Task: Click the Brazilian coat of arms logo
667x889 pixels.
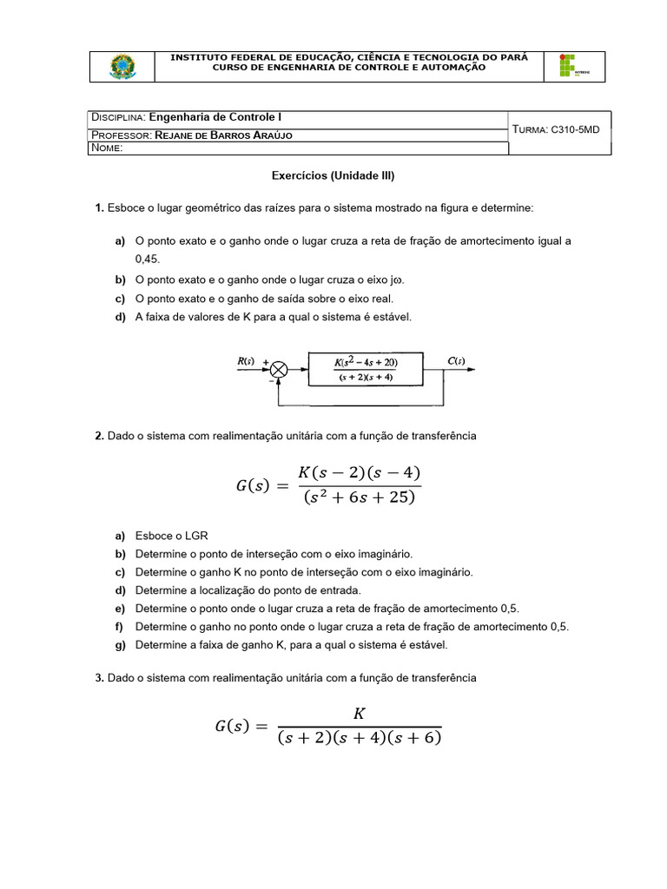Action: (x=122, y=67)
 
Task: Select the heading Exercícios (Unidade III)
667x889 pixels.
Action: (x=333, y=175)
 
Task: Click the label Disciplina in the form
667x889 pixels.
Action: (x=118, y=117)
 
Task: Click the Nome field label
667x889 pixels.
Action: (x=107, y=148)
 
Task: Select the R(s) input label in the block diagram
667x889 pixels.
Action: (x=247, y=361)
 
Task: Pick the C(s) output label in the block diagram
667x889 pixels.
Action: (x=456, y=361)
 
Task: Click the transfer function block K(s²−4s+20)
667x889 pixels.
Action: (x=365, y=369)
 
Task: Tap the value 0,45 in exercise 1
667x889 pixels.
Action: (x=148, y=259)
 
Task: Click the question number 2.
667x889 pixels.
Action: (x=99, y=436)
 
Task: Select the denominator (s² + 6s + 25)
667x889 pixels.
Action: (x=359, y=498)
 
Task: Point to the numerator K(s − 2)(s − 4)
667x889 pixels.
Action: (x=359, y=473)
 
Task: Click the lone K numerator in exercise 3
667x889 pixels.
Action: (x=359, y=713)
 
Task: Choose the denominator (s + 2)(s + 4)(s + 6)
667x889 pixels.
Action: (x=359, y=739)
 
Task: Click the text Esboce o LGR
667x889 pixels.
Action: (x=172, y=536)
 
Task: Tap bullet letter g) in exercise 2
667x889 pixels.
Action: (x=119, y=645)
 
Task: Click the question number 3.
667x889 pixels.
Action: (x=99, y=677)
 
